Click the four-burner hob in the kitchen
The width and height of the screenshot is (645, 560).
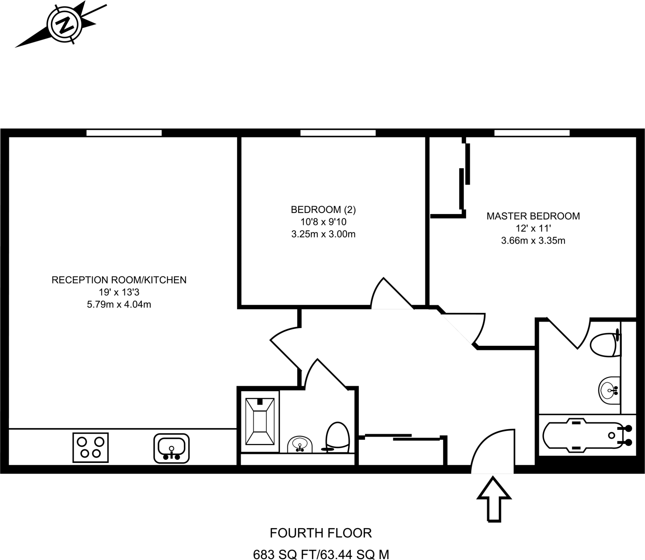coord(90,447)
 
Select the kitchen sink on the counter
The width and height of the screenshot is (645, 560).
coord(172,448)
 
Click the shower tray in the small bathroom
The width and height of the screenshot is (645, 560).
coord(260,421)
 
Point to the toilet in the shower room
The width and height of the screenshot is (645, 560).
coord(337,438)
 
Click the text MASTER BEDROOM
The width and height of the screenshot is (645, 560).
coord(533,216)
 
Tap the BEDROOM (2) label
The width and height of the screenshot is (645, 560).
coord(323,210)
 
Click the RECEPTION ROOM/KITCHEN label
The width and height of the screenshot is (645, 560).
coord(119,280)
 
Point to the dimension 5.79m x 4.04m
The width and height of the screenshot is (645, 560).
coord(119,305)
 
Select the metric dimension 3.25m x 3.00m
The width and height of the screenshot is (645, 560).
coord(323,234)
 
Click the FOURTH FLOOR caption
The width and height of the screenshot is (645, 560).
coord(321,533)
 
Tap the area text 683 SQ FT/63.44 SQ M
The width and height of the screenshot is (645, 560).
coord(321,554)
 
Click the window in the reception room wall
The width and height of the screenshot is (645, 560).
coord(124,133)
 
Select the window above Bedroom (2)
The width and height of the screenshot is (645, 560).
coord(338,133)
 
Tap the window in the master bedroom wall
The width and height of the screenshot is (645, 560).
coord(532,133)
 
